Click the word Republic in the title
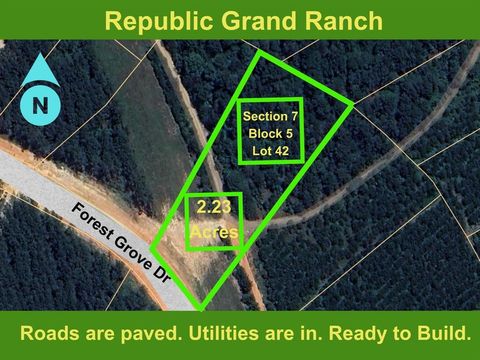154,20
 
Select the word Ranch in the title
338,20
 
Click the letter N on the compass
40,104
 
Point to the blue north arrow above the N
40,71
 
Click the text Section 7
271,116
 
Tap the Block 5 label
271,133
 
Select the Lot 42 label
271,150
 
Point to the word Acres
215,230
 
